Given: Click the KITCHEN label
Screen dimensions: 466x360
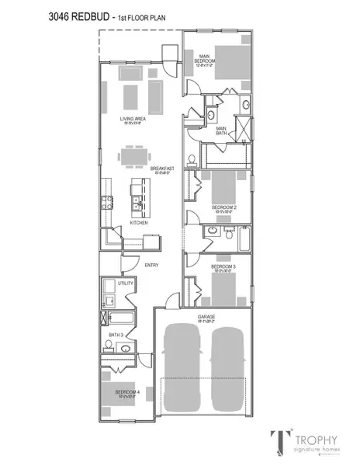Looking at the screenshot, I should click(140, 223).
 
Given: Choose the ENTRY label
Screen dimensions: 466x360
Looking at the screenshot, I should click(153, 266).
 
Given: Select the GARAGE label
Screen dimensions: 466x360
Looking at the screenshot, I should click(205, 317).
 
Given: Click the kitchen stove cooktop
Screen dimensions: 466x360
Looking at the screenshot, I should click(108, 205).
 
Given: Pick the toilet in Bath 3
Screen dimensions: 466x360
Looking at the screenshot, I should click(107, 346).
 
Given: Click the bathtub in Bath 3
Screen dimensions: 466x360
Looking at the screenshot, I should click(120, 318).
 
